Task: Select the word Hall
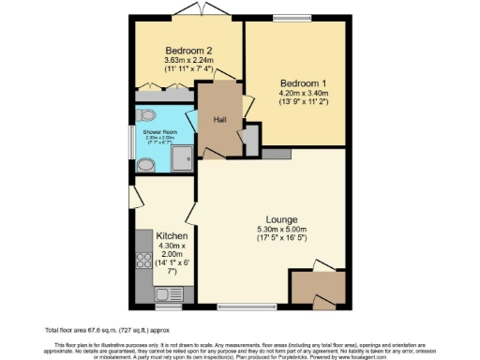tap(219, 119)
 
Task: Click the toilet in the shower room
tap(143, 115)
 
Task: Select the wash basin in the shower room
tap(145, 166)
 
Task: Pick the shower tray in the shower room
tap(182, 158)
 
